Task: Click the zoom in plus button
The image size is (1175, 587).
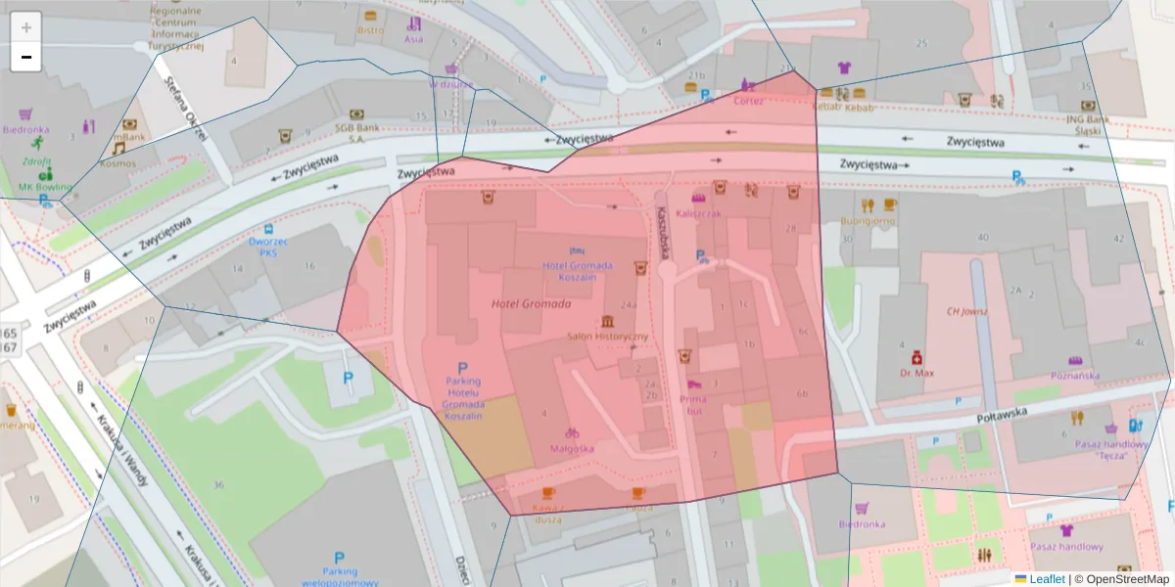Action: click(26, 27)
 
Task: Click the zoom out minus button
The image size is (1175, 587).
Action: click(26, 57)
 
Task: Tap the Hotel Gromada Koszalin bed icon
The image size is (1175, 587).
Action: click(578, 251)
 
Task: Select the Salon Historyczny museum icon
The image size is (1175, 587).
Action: click(608, 322)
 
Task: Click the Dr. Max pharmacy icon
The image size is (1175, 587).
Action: click(917, 357)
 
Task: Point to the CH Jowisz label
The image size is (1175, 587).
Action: click(965, 311)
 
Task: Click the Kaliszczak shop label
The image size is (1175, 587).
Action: click(697, 213)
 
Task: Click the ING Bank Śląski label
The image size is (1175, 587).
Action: click(1087, 125)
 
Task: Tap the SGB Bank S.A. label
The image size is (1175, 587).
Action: click(357, 132)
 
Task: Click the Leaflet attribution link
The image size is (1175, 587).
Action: click(1046, 578)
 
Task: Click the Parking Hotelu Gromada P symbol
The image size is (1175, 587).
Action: click(463, 368)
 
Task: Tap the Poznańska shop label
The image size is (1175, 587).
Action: click(1075, 375)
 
